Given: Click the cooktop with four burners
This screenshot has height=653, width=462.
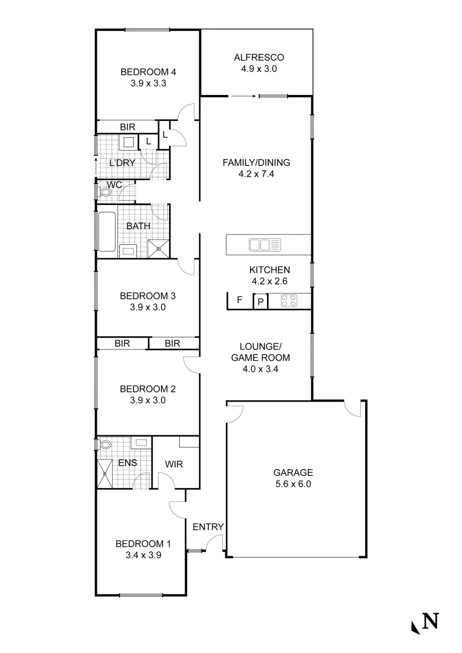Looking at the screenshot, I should pos(288,301).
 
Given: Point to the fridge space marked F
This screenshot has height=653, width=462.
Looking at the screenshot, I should pos(239,300).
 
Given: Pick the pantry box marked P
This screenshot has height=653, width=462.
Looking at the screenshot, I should pos(260,301).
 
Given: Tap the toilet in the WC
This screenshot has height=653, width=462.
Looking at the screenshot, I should pos(105,193).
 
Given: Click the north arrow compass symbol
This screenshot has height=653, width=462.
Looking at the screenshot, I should pos(424,622).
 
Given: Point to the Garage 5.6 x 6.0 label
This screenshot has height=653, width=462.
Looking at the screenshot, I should pos(292,478).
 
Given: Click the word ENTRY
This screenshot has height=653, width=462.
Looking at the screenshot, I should pos(208,527).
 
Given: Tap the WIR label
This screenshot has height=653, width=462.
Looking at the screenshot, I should pos(174,464).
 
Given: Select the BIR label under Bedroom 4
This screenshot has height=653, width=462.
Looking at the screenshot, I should pos(127,127).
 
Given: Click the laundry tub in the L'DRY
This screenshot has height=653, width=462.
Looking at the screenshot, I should pos(128,143).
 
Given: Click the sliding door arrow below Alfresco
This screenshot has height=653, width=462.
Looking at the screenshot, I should pos(243,96).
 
